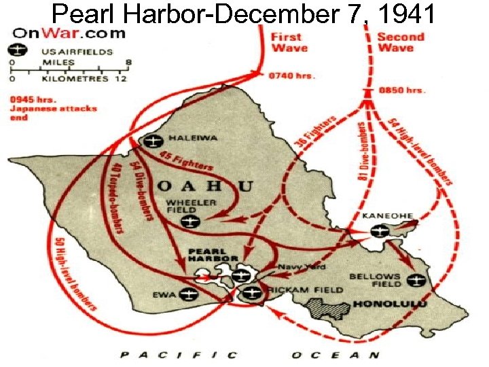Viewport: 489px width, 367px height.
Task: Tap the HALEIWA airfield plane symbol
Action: click(151, 140)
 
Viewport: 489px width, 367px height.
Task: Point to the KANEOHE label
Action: click(388, 215)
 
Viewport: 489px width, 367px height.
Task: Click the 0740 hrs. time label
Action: click(293, 75)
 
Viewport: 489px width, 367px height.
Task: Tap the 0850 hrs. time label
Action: click(403, 90)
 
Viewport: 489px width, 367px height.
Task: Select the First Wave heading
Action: click(289, 41)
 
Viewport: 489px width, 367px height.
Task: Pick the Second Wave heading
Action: click(401, 41)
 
